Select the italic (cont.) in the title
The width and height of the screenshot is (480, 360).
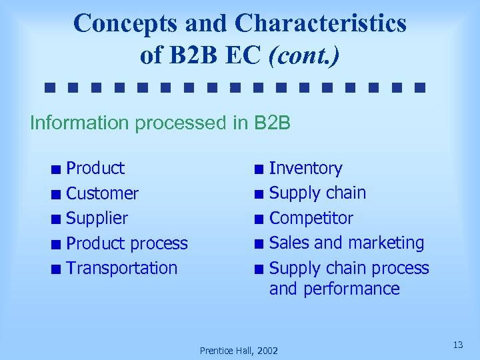click(303, 55)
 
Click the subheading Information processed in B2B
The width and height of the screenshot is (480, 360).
click(161, 123)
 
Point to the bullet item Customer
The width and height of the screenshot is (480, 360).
click(103, 193)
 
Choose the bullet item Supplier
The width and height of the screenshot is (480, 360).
click(97, 218)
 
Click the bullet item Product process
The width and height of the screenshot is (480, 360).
click(127, 243)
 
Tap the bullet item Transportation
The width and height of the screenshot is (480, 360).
click(122, 268)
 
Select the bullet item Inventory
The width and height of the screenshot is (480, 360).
click(305, 168)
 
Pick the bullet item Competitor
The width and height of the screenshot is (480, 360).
click(311, 218)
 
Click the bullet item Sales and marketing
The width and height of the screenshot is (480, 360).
click(347, 243)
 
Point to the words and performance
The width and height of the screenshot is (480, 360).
click(334, 289)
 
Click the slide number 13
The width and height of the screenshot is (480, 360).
click(457, 345)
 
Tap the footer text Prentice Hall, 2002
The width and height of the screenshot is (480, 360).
click(239, 350)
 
